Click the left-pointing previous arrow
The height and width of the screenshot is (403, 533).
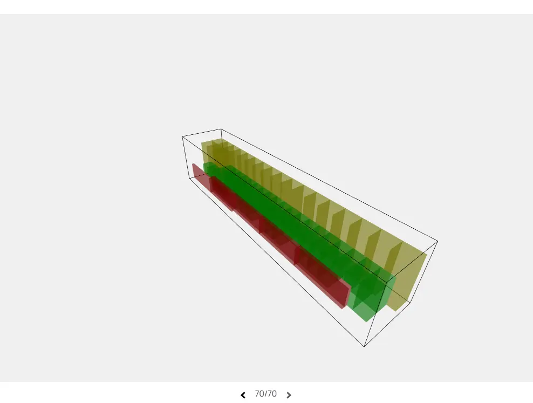(243, 395)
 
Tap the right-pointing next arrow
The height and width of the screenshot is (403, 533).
(289, 395)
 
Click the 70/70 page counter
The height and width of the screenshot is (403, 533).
(265, 394)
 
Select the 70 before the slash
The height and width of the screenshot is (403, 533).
(259, 394)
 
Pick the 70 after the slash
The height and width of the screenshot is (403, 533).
(272, 394)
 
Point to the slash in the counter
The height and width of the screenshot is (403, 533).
(265, 394)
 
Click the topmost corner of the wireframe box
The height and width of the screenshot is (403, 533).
(221, 129)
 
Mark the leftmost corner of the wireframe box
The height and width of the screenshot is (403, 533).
(182, 136)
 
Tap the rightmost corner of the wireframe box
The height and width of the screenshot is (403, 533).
(438, 241)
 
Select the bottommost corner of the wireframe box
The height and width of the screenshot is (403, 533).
(364, 346)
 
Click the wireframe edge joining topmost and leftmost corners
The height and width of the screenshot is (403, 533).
(201, 133)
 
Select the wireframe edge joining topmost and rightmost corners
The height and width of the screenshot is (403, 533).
(329, 185)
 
